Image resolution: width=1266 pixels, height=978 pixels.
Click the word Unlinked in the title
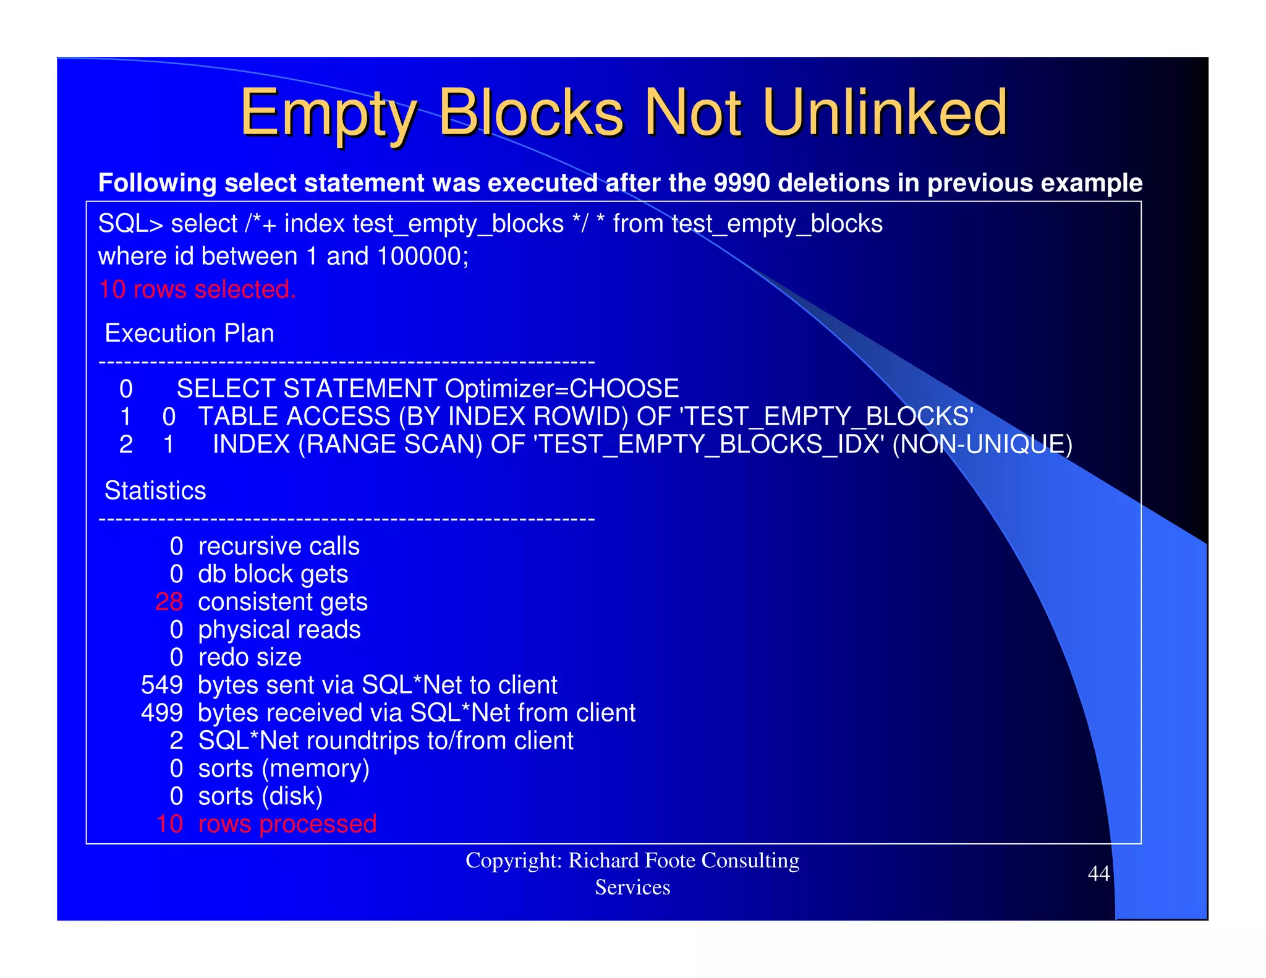click(885, 113)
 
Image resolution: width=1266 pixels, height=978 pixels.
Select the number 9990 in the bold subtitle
click(741, 183)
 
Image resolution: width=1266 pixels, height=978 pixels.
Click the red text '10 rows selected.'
click(197, 289)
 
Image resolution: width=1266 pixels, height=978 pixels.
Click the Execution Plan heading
click(189, 333)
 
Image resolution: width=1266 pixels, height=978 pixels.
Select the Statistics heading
click(155, 490)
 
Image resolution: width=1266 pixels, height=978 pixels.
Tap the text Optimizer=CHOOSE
click(561, 389)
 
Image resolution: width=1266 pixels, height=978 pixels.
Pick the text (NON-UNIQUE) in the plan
click(982, 444)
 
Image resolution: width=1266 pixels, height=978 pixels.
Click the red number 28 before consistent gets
click(169, 602)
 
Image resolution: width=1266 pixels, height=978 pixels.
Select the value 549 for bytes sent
click(162, 685)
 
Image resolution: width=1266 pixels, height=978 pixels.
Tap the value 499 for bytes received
click(162, 713)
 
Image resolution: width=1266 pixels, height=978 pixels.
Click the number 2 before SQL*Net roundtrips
click(176, 741)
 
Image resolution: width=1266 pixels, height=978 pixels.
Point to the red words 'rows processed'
click(287, 824)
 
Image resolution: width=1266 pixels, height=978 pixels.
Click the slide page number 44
click(1098, 874)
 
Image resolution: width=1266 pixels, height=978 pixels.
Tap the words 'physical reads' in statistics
click(279, 630)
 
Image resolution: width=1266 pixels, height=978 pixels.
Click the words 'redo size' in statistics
click(250, 657)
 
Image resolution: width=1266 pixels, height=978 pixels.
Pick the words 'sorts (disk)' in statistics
click(260, 796)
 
